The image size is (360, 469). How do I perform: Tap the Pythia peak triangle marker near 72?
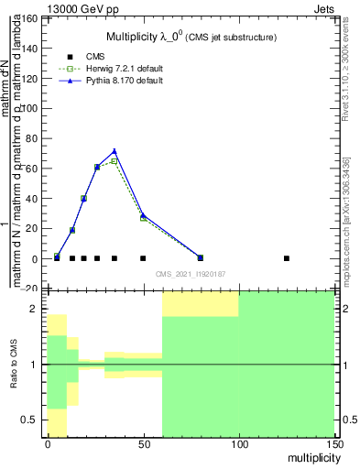pos(115,151)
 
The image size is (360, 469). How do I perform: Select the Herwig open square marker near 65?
pos(115,161)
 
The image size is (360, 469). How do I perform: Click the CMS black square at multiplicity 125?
pos(287,258)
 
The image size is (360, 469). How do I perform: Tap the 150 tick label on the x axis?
pos(334,444)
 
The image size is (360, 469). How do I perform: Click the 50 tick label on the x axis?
pos(143,444)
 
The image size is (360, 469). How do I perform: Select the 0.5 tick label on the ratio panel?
pos(30,420)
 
